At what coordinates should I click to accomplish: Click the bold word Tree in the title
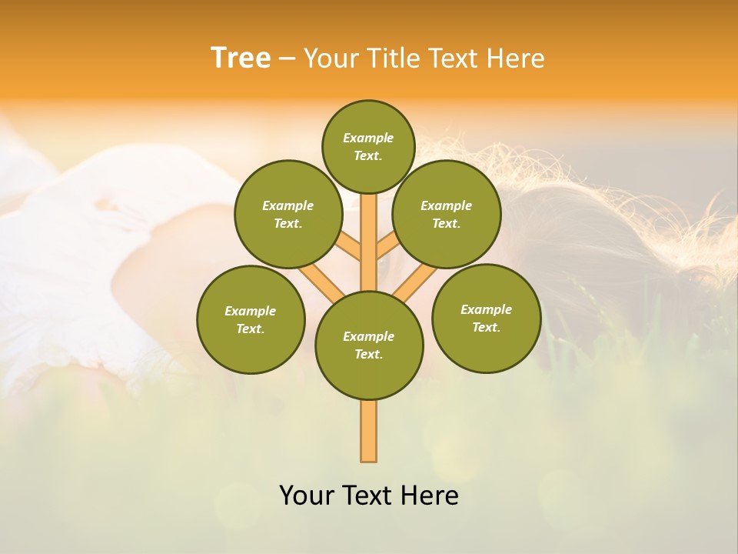click(241, 58)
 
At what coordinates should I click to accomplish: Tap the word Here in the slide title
click(515, 58)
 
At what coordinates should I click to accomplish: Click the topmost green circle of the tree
click(368, 146)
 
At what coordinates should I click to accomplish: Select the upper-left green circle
click(288, 214)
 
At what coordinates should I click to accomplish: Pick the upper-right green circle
click(447, 214)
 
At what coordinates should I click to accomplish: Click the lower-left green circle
click(251, 319)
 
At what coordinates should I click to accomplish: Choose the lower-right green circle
click(487, 318)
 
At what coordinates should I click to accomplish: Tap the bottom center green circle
click(369, 345)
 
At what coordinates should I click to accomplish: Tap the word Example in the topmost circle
click(368, 138)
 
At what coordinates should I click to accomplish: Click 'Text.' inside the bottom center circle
click(368, 354)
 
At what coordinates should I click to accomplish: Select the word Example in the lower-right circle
click(486, 309)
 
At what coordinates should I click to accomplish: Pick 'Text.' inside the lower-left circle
click(250, 329)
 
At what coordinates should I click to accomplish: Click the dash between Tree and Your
click(287, 58)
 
